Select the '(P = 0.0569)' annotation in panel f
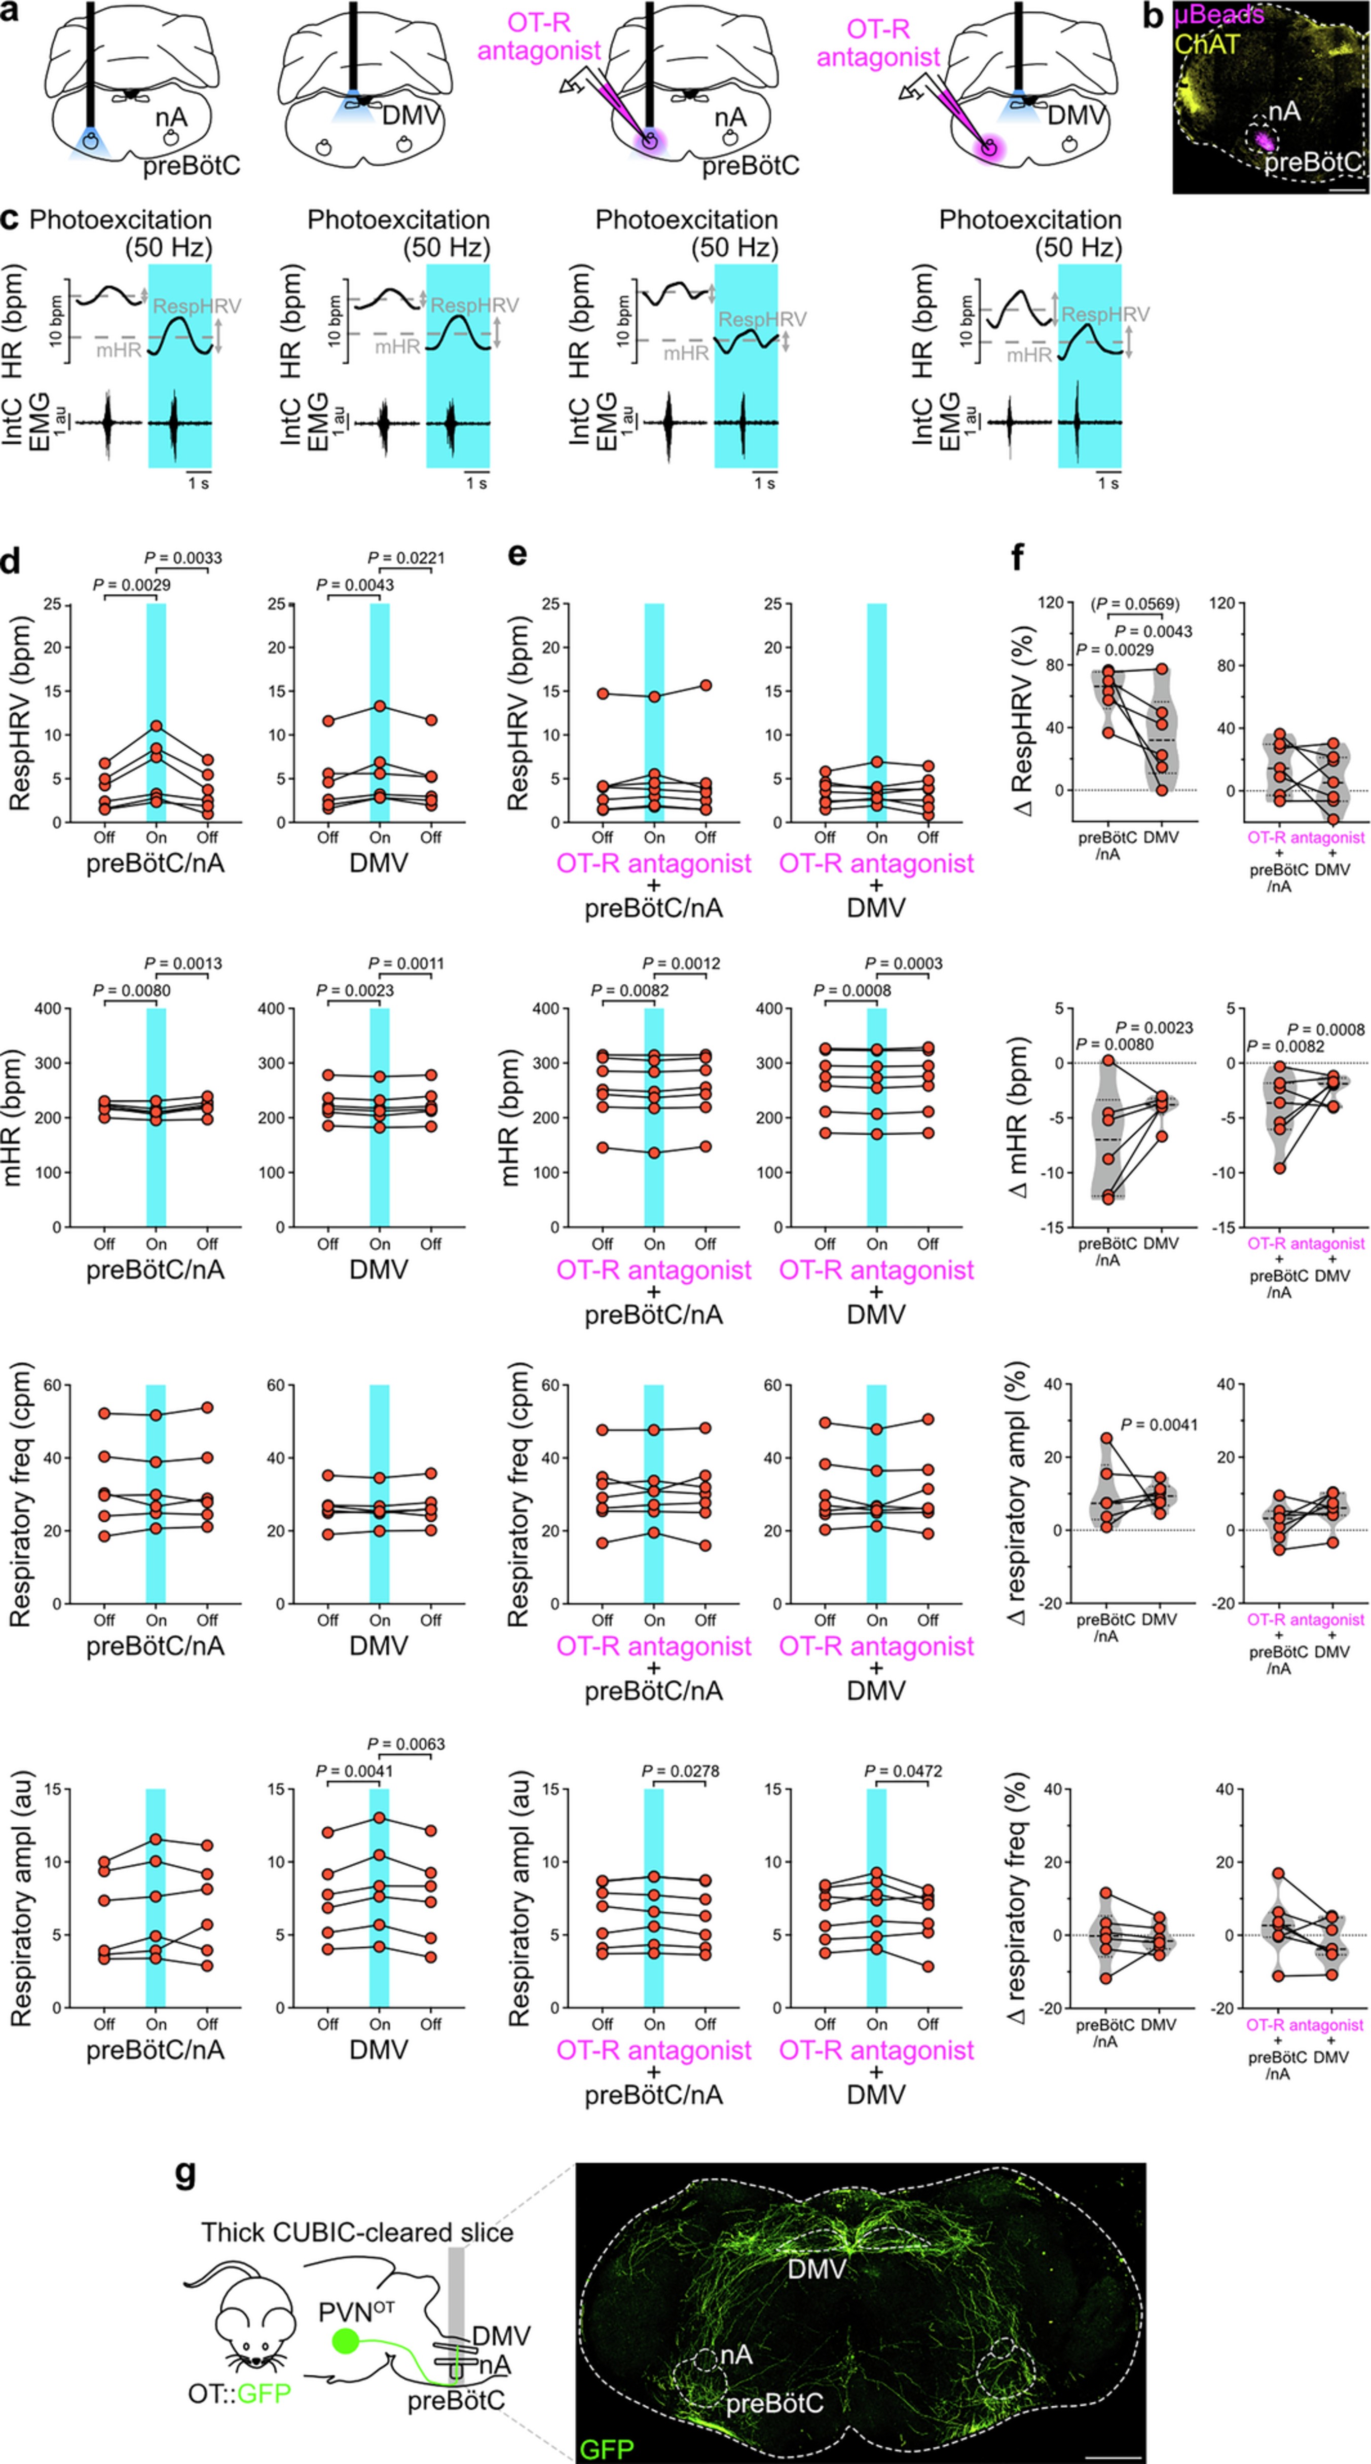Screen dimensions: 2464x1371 coord(1135,603)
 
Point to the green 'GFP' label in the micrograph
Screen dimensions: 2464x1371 coord(607,2448)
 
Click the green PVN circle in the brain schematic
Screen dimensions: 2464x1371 coord(345,2340)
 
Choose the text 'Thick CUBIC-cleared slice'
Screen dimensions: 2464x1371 coord(357,2232)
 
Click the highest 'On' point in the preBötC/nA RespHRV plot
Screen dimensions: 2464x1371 coord(156,726)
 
